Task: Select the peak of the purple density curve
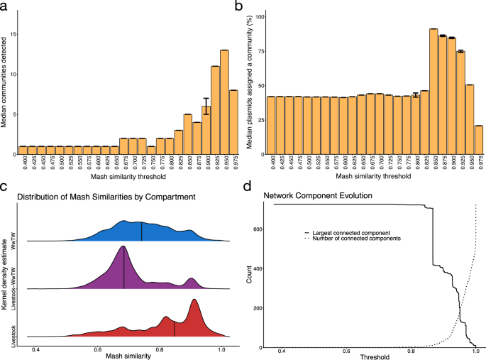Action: (x=124, y=247)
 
